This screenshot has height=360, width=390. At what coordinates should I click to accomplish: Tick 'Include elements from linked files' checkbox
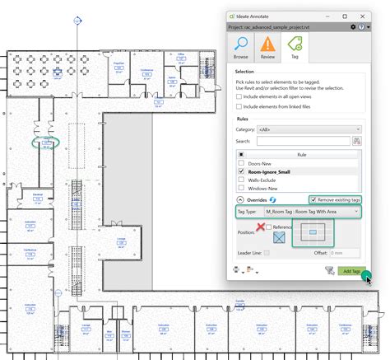[239, 107]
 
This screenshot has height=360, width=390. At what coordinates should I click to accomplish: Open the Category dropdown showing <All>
[309, 129]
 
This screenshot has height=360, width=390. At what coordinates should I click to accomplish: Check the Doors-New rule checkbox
[240, 163]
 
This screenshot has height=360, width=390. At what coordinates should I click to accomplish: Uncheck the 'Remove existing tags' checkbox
[313, 199]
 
